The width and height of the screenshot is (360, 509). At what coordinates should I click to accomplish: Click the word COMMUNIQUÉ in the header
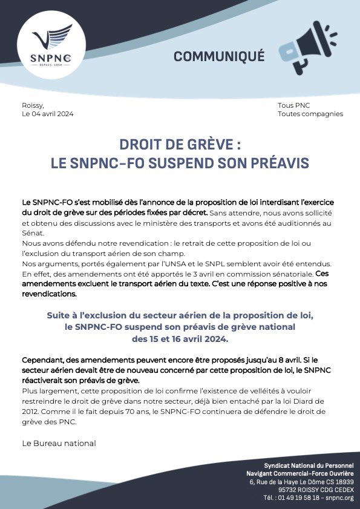click(219, 56)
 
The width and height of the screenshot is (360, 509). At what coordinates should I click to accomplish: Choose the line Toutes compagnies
click(310, 114)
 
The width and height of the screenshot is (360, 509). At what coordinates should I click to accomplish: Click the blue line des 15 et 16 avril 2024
click(180, 338)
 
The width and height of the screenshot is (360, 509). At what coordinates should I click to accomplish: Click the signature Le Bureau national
click(59, 443)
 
